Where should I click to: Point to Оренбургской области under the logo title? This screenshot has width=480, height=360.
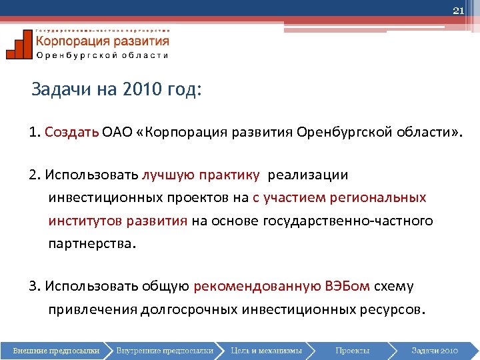tap(102, 55)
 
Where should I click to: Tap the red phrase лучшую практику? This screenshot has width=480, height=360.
tap(201, 175)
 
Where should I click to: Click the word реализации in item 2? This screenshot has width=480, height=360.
tap(308, 175)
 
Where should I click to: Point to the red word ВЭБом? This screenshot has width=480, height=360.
tap(347, 287)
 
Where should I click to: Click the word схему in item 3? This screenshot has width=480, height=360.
tap(393, 287)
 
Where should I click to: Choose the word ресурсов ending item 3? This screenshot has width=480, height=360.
tap(391, 309)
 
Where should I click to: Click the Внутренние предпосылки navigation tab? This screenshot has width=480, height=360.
tap(164, 350)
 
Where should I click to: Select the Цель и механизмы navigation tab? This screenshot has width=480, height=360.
tap(266, 350)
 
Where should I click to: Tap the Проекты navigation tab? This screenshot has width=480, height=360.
tap(352, 350)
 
